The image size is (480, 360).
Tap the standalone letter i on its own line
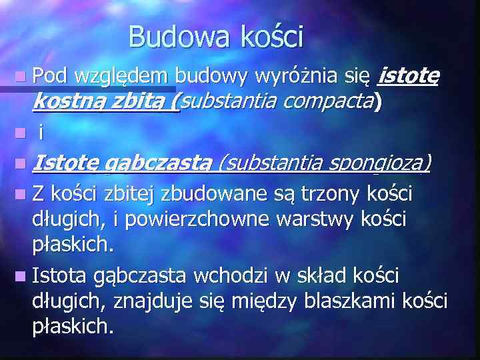coord(41,132)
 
